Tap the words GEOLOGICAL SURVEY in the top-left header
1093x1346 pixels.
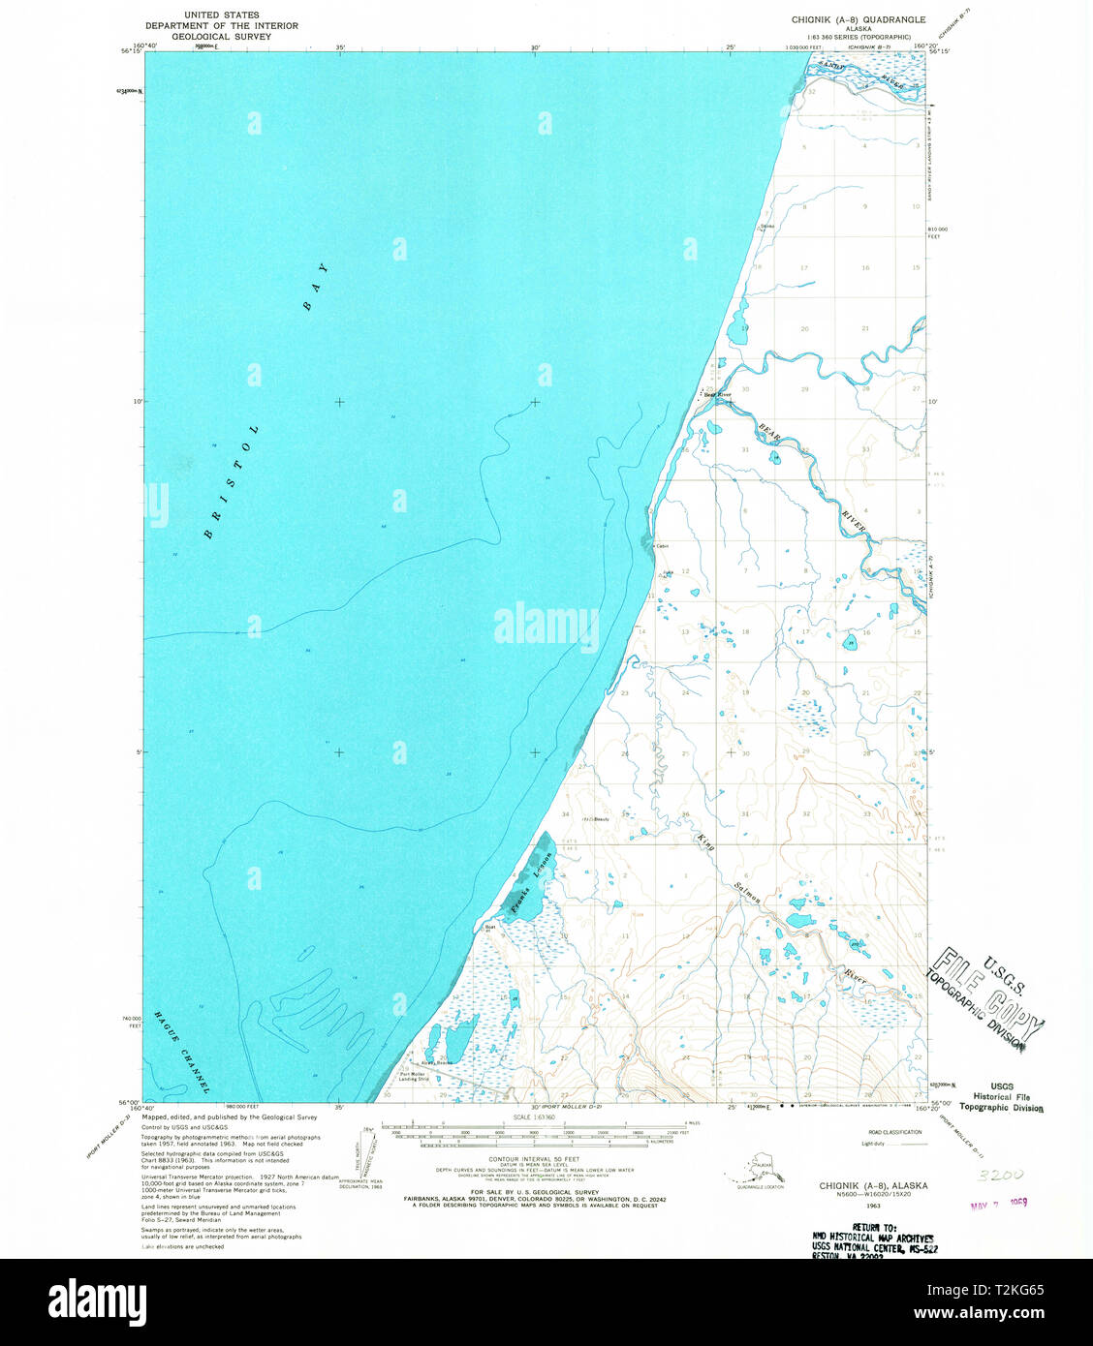222,35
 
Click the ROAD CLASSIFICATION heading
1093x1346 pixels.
895,1131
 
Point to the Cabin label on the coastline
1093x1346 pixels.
663,546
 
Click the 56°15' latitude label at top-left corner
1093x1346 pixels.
131,51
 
